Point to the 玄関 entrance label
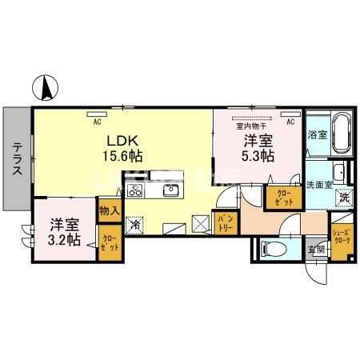tap(318, 249)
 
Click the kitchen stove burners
tap(135, 190)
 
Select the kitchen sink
tap(171, 190)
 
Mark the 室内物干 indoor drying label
tap(250, 124)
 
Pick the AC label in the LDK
tap(97, 122)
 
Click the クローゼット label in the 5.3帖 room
tap(283, 198)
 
